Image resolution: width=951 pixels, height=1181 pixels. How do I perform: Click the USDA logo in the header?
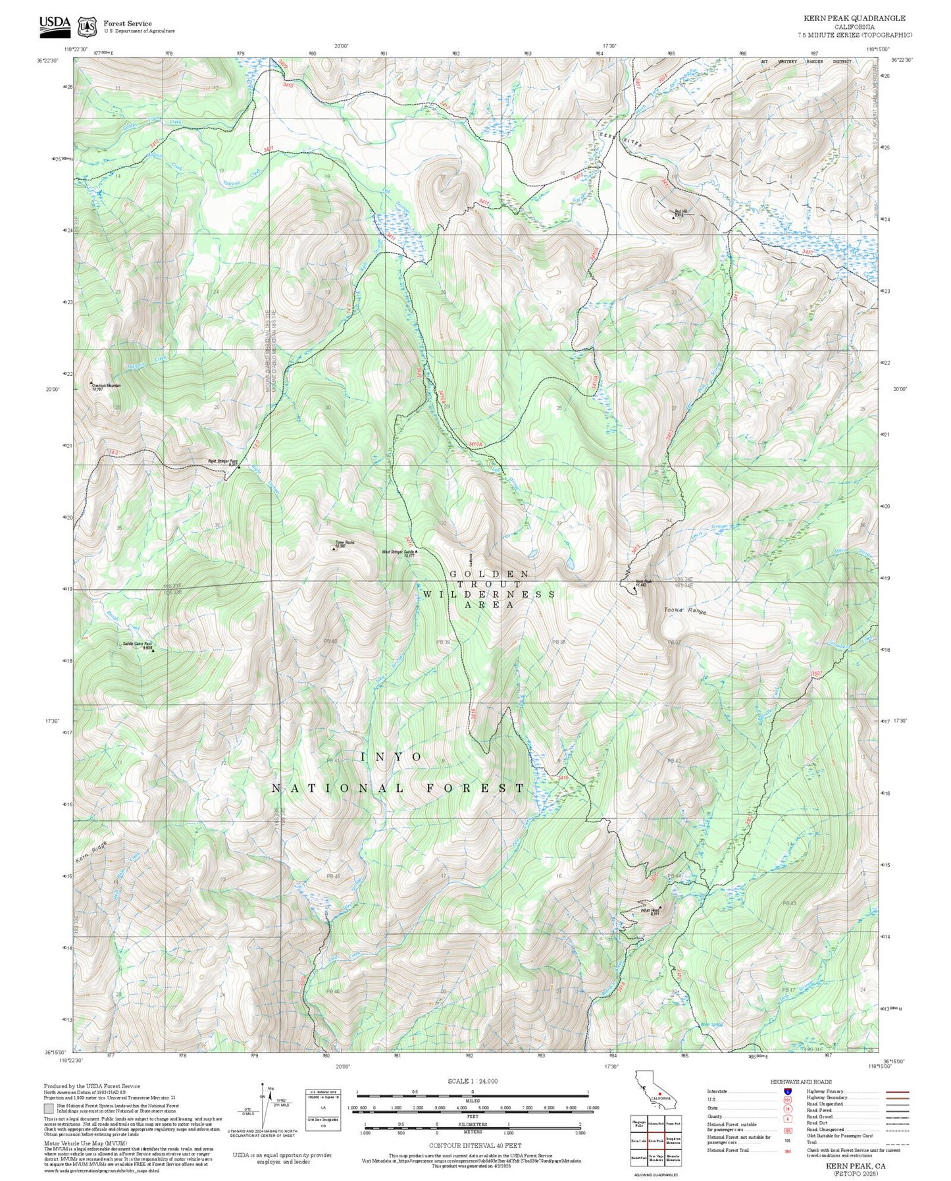point(54,24)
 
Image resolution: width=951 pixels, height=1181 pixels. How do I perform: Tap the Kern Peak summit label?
point(643,583)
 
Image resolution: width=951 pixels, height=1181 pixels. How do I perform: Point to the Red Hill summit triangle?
point(673,217)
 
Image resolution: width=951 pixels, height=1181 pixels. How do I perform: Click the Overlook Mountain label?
point(107,386)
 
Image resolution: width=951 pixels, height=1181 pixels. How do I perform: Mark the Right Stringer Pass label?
point(222,462)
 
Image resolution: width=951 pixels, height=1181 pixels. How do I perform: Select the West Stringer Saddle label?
point(398,554)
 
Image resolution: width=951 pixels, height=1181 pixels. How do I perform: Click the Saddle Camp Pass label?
point(137,645)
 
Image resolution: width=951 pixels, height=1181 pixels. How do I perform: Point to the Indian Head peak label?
point(650,912)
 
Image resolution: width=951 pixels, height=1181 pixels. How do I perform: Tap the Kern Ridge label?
point(90,853)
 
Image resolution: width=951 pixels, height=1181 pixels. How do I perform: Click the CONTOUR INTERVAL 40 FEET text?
point(475,1146)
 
